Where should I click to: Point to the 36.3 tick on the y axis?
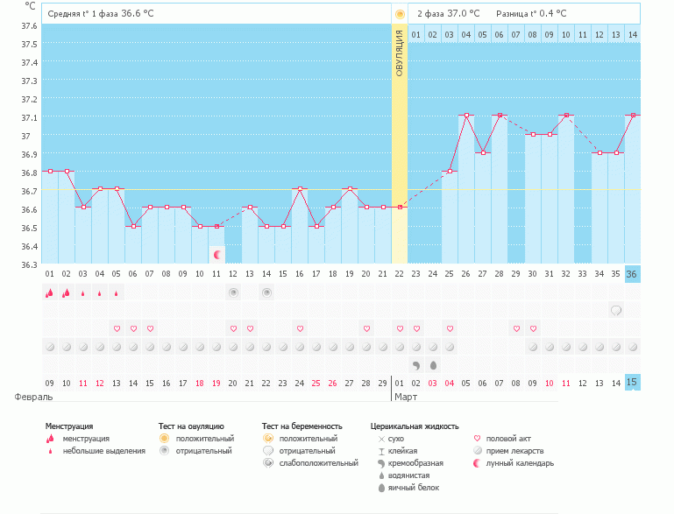pyautogui.click(x=30, y=264)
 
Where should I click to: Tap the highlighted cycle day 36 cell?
pyautogui.click(x=633, y=273)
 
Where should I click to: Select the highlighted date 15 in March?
pyautogui.click(x=633, y=383)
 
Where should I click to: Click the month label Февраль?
pyautogui.click(x=28, y=397)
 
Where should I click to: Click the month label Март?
pyautogui.click(x=406, y=397)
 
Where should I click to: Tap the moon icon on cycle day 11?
pyautogui.click(x=217, y=255)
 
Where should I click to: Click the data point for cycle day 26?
pyautogui.click(x=466, y=116)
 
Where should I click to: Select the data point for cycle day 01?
pyautogui.click(x=50, y=171)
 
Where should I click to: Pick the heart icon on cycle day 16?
pyautogui.click(x=300, y=328)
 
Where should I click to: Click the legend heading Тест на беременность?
pyautogui.click(x=302, y=426)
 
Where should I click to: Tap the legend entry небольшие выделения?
pyautogui.click(x=103, y=451)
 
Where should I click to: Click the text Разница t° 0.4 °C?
pyautogui.click(x=530, y=14)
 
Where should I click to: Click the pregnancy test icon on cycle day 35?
pyautogui.click(x=616, y=310)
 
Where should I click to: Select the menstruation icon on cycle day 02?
pyautogui.click(x=67, y=292)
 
